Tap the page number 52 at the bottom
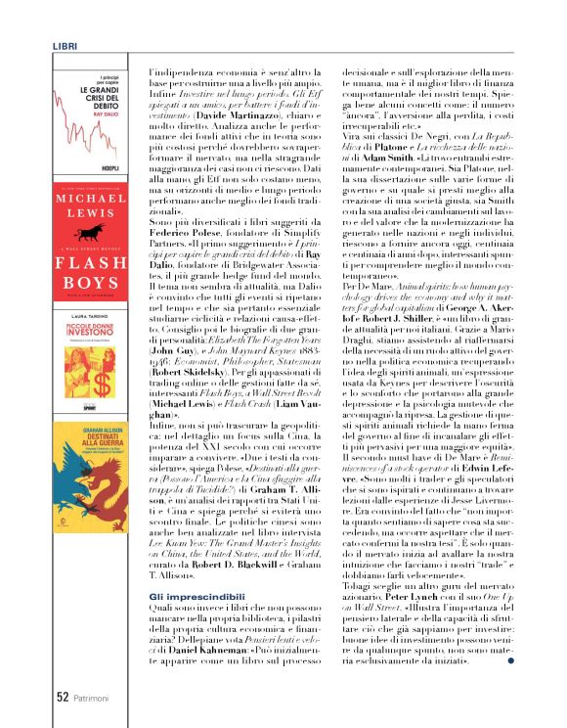pos(61,698)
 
